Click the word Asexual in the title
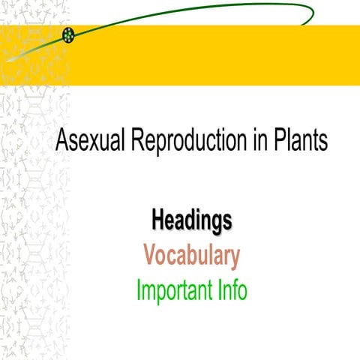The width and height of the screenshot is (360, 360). pyautogui.click(x=88, y=142)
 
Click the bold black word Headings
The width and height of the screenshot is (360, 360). pyautogui.click(x=191, y=220)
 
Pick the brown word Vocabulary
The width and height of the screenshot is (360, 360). pyautogui.click(x=191, y=256)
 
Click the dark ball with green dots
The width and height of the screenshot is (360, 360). pyautogui.click(x=69, y=34)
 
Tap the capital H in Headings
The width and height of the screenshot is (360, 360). pyautogui.click(x=159, y=220)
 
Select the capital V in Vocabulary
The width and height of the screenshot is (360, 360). pyautogui.click(x=151, y=256)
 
